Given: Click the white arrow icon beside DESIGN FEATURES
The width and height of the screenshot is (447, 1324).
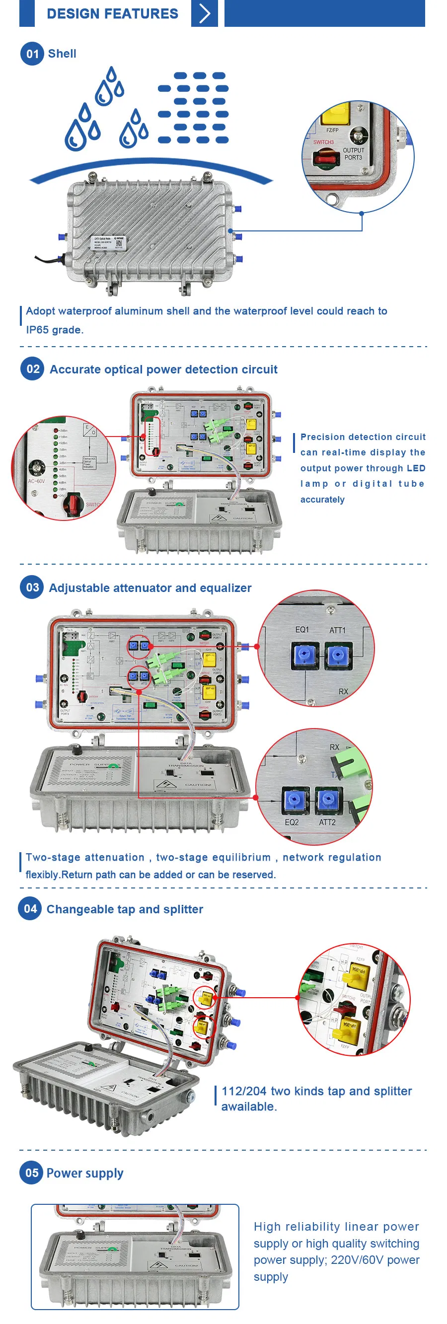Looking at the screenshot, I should pos(204,13).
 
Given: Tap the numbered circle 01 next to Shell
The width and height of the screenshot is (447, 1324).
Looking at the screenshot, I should pos(32,54).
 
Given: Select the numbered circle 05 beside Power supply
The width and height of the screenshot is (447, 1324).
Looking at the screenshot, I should pos(31,1173).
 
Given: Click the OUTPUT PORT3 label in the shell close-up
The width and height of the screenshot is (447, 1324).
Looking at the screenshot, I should pos(353,153).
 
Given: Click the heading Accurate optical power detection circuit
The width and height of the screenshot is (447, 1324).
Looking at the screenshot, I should pos(163,369).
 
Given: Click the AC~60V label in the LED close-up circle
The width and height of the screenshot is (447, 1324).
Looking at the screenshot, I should pos(36,481).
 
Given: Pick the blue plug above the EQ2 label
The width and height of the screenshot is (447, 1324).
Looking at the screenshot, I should pos(294,799).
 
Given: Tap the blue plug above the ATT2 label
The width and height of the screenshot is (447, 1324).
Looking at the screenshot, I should pos(326,799).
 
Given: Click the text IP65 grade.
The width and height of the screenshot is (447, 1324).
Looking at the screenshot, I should pos(54,329).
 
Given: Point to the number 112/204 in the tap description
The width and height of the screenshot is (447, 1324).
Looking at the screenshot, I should pos(244,1091).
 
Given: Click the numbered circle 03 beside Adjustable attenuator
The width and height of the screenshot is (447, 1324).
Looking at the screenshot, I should pos(32,587).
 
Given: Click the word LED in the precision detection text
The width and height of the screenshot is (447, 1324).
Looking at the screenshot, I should pos(416,468).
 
